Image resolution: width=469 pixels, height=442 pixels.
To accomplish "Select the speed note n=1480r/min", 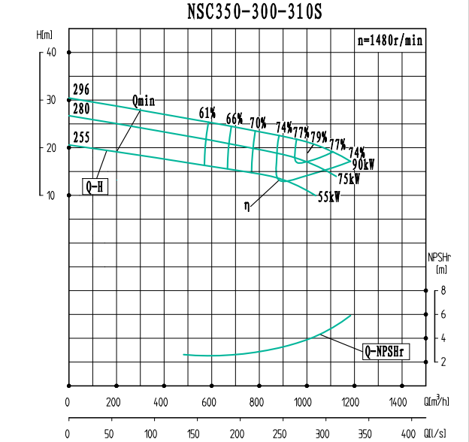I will point(389,41).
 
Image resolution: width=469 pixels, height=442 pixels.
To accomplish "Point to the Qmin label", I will point(144,100).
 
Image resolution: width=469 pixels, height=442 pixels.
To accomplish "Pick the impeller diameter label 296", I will point(81,90).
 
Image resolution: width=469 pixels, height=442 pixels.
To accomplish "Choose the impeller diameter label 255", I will point(81,138).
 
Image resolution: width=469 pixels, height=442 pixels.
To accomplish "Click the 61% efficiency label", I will point(207,114).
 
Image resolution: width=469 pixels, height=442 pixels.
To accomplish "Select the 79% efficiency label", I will point(319,137).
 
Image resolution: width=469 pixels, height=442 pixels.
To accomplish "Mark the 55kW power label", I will point(329,197).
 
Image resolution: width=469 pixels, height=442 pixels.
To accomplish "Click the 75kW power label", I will point(349,180).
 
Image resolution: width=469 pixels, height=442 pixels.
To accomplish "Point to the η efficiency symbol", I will point(246,204).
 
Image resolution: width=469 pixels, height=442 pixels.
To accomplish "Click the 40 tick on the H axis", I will point(51,53).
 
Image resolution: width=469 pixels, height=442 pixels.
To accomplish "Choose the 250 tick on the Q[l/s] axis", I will point(281,434).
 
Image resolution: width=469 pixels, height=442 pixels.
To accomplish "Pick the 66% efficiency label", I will point(234,119).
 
